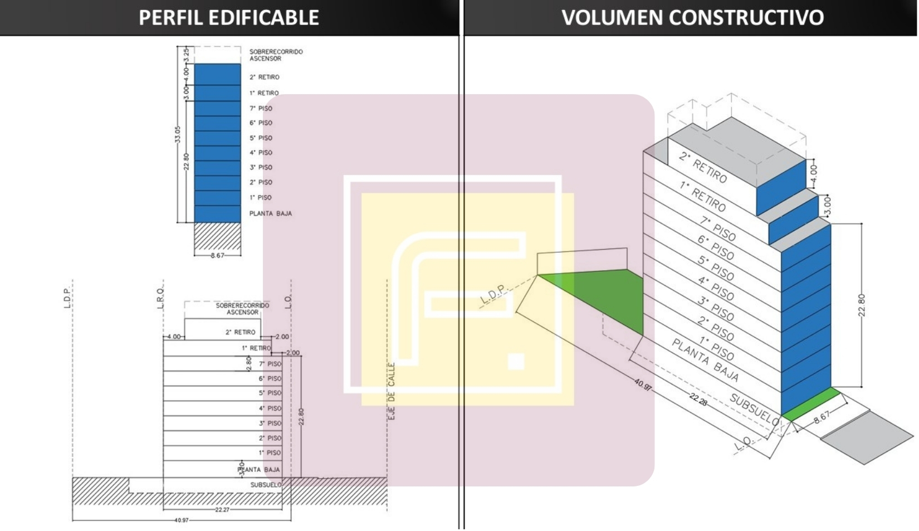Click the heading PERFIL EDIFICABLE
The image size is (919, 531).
228,17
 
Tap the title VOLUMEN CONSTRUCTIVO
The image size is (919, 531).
692,17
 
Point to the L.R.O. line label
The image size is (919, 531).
160,298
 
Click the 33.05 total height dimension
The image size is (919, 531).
178,134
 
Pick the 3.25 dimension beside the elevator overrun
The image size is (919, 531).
187,55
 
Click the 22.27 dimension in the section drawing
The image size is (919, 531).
222,509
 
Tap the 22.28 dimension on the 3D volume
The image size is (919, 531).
698,399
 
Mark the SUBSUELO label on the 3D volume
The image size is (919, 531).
754,409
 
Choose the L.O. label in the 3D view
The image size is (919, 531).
744,444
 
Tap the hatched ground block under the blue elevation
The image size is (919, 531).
217,237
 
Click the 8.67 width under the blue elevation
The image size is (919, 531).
217,256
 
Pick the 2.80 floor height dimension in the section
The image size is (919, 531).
249,363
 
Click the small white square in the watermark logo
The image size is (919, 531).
516,361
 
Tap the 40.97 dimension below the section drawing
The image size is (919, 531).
182,520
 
